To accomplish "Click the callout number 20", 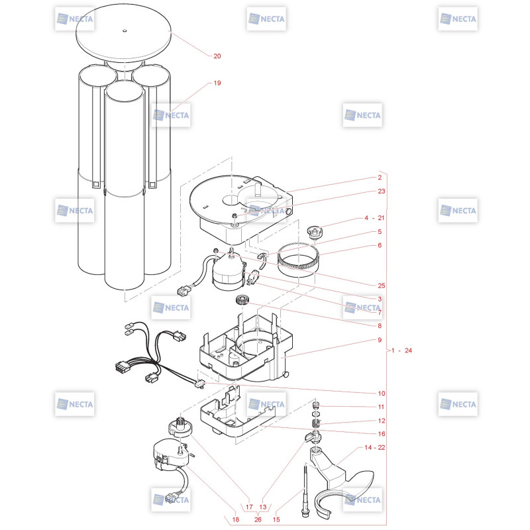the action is [217, 56].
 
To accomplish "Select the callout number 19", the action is [217, 83].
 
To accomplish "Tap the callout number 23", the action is [382, 191].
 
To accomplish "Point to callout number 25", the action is [382, 286].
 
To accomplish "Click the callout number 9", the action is [380, 340].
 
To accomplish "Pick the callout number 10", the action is [382, 393].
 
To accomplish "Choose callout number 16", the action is [382, 434].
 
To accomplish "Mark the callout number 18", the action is [236, 519].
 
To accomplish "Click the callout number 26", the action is [258, 519].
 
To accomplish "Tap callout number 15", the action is [276, 519].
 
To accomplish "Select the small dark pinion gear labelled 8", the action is [242, 299].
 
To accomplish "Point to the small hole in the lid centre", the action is [125, 30].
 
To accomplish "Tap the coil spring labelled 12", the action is [315, 423].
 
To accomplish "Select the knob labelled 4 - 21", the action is [315, 233].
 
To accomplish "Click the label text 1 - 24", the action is [401, 350].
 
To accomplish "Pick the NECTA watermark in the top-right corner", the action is [458, 19].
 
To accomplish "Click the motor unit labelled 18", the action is [171, 455].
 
